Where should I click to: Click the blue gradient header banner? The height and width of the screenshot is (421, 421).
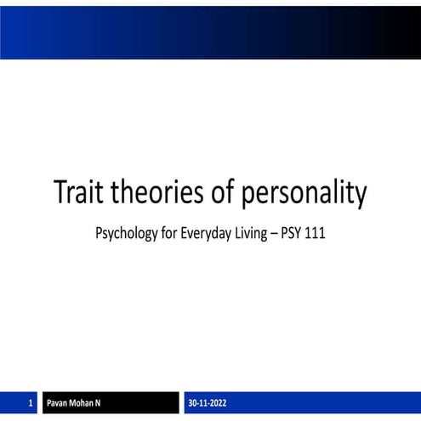tap(210, 32)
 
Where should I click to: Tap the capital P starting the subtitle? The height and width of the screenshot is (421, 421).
tap(100, 232)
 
